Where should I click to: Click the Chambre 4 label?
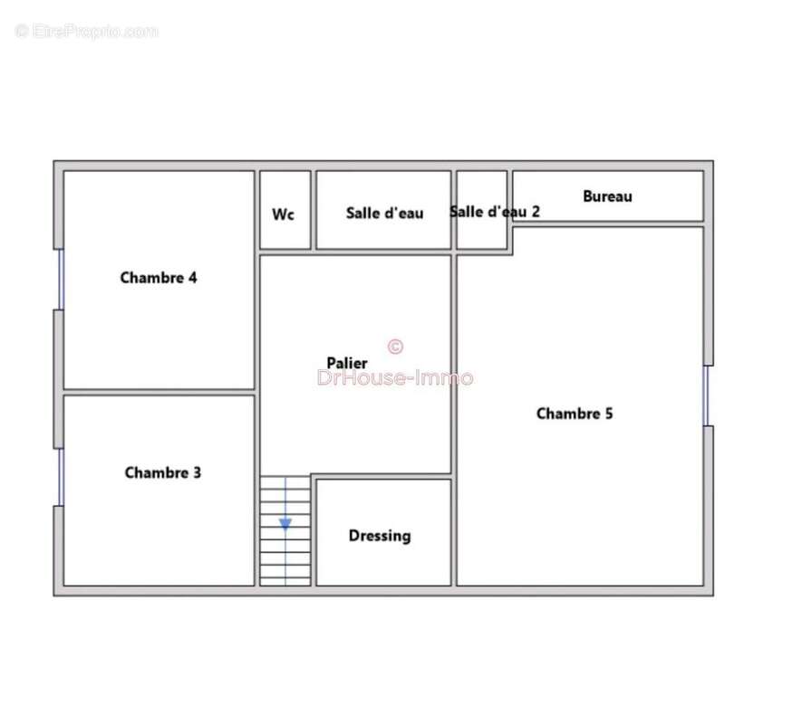coord(159,278)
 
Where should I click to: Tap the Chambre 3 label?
coord(162,472)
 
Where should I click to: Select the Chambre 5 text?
coord(575,414)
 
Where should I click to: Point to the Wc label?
coord(283,214)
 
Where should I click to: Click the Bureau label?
coord(607,195)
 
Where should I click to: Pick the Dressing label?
coord(380,536)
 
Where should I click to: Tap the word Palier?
coord(347,363)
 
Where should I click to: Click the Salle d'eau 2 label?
coord(495,212)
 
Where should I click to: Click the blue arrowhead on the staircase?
coord(285,524)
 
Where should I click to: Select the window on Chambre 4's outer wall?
coord(61,279)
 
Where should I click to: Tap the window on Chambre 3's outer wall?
coord(61,477)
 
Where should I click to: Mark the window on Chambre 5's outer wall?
coord(706,395)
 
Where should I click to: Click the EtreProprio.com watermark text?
coord(86,32)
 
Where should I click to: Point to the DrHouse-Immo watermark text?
coord(395,377)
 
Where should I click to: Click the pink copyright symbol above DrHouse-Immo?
coord(395,347)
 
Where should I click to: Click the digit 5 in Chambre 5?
coord(609,414)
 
